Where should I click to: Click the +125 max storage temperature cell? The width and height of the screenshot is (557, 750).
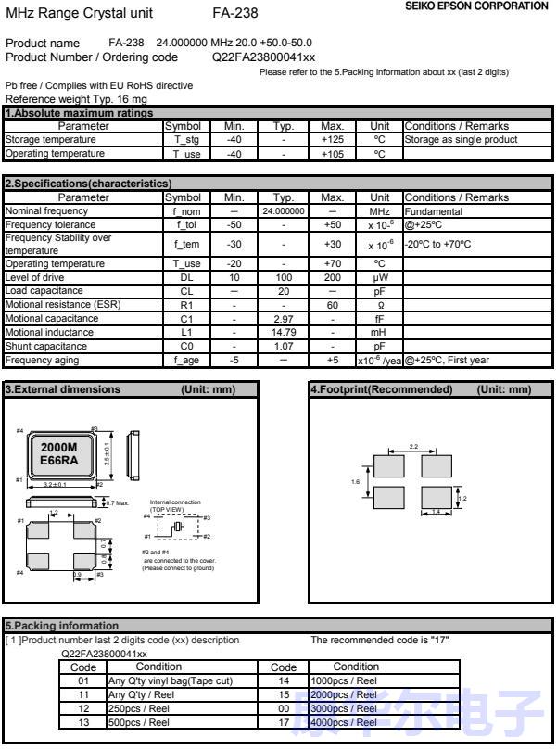[331, 140]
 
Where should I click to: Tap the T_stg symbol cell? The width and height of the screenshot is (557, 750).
[186, 140]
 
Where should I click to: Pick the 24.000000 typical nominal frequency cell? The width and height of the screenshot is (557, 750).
[284, 211]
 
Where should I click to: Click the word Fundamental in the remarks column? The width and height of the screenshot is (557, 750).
[432, 211]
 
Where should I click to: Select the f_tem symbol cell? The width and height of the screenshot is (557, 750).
[186, 245]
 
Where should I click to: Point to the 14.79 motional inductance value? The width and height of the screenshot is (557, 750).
[284, 332]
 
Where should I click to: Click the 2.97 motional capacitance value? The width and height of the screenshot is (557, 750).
[284, 318]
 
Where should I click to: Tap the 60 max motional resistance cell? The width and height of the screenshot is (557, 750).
[331, 304]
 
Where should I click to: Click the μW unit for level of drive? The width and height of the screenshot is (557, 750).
[380, 277]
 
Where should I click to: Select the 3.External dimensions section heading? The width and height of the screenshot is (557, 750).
[63, 389]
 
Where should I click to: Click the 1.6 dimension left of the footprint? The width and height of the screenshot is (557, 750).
[355, 482]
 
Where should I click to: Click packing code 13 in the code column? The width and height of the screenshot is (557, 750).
[83, 722]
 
